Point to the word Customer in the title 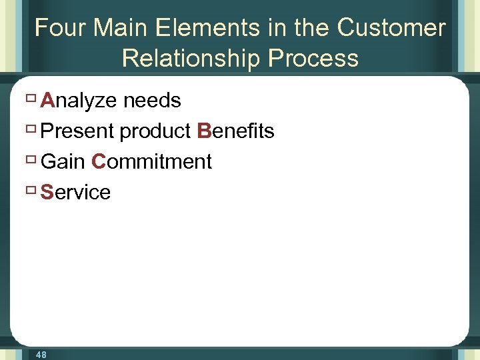click(x=391, y=28)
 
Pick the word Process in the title click(x=313, y=59)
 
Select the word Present click(x=77, y=131)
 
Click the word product click(x=156, y=132)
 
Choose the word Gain click(x=63, y=162)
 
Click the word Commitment click(x=152, y=162)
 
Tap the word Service click(x=75, y=193)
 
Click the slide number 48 click(x=41, y=355)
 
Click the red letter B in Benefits click(x=204, y=131)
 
